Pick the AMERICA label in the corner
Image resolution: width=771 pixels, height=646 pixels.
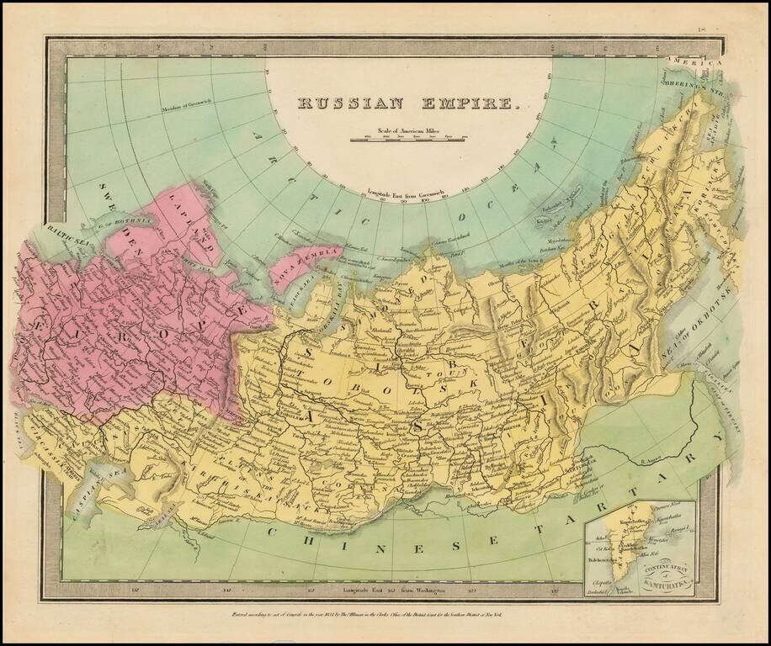click(695, 63)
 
